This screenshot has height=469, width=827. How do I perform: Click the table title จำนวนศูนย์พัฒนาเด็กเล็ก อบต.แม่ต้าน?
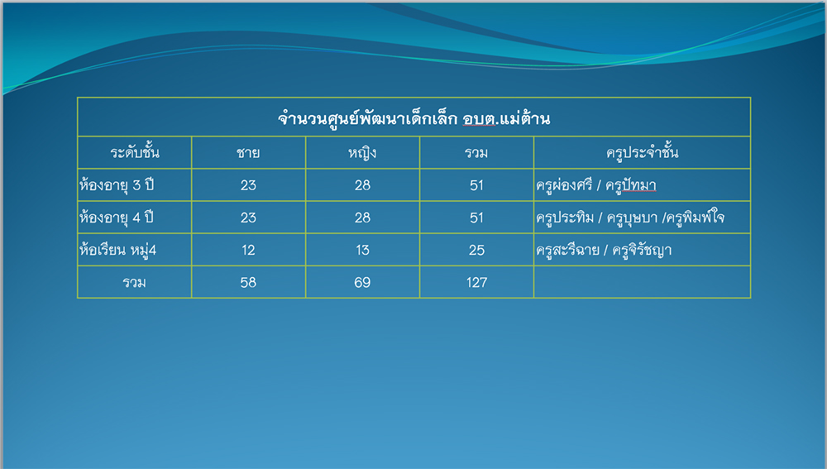pyautogui.click(x=414, y=118)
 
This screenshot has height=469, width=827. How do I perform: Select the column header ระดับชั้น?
pyautogui.click(x=135, y=152)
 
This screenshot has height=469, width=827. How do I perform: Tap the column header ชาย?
pyautogui.click(x=248, y=153)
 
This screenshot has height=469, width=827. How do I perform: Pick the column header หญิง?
pyautogui.click(x=362, y=153)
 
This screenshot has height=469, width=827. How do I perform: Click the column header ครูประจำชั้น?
pyautogui.click(x=643, y=152)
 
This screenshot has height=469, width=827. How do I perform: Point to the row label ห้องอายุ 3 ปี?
pyautogui.click(x=117, y=185)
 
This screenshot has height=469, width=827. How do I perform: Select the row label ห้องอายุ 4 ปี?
pyautogui.click(x=117, y=218)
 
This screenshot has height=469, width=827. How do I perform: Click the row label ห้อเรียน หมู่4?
pyautogui.click(x=117, y=250)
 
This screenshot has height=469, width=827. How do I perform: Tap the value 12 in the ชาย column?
pyautogui.click(x=248, y=250)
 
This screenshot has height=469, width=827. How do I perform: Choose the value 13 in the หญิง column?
pyautogui.click(x=362, y=250)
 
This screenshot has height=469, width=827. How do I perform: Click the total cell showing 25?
pyautogui.click(x=477, y=250)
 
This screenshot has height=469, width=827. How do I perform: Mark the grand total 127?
pyautogui.click(x=477, y=283)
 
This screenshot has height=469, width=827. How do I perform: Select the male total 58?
pyautogui.click(x=248, y=283)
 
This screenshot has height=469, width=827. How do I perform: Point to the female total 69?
pyautogui.click(x=362, y=283)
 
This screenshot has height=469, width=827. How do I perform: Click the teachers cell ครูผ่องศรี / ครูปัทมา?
pyautogui.click(x=596, y=185)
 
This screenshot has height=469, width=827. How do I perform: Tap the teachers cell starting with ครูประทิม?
pyautogui.click(x=630, y=218)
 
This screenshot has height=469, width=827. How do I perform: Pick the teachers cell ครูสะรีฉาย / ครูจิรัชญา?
pyautogui.click(x=604, y=250)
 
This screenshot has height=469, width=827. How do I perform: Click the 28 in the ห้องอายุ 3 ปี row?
pyautogui.click(x=362, y=185)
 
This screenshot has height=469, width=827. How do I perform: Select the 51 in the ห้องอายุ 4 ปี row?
pyautogui.click(x=477, y=218)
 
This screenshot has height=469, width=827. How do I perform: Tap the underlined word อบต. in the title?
pyautogui.click(x=480, y=119)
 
